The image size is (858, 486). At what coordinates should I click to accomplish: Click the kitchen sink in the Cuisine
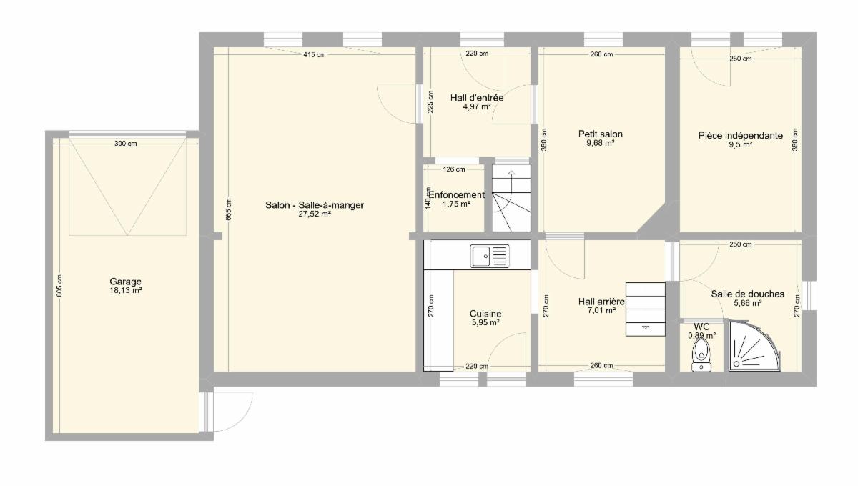[490, 256]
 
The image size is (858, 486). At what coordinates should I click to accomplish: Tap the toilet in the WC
[701, 355]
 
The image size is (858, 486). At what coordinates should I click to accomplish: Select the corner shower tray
[754, 346]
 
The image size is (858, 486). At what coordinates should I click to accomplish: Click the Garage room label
[126, 282]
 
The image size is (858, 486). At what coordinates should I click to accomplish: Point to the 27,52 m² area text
[315, 214]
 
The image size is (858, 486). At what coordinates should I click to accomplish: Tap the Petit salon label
[601, 134]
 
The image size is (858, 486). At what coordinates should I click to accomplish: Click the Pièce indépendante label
[741, 136]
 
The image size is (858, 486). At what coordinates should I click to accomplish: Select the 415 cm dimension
[315, 55]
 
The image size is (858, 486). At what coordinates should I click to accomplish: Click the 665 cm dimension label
[229, 209]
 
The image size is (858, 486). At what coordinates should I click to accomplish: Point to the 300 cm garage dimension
[126, 144]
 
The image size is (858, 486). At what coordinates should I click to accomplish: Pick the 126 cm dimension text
[454, 169]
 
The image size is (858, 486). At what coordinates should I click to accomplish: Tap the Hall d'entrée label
[477, 98]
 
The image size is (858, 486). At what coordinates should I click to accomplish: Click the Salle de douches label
[748, 294]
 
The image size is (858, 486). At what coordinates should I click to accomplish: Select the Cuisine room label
[485, 314]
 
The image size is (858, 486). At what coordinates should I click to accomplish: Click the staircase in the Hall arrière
[646, 309]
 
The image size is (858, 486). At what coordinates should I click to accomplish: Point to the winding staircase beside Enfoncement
[511, 198]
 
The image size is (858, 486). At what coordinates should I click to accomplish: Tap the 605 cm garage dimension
[59, 286]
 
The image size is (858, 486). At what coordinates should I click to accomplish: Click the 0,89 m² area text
[701, 336]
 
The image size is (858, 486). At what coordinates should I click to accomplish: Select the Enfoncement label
[457, 195]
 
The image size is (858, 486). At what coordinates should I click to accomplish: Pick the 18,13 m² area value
[126, 291]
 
